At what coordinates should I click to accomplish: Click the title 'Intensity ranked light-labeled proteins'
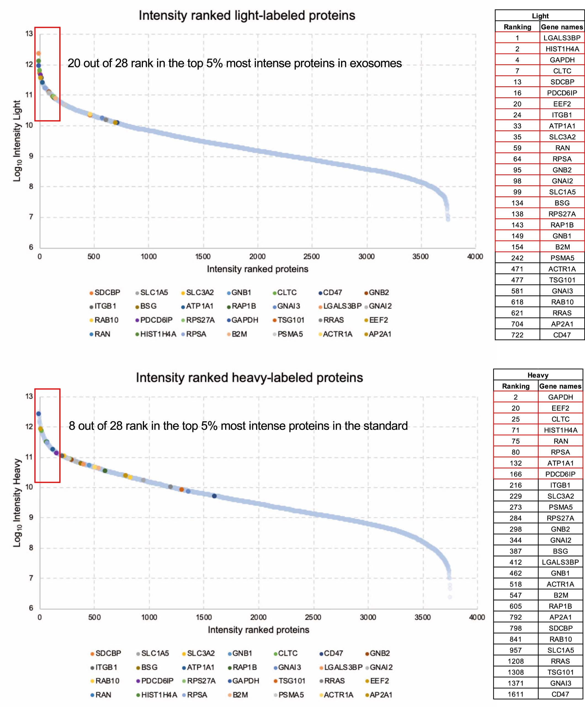[x=247, y=15]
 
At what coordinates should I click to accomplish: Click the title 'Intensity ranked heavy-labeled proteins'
[x=249, y=377]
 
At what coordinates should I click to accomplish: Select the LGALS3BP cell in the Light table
[x=562, y=38]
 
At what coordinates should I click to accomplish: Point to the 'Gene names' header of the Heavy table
[x=560, y=386]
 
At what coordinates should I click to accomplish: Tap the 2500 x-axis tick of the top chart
[x=311, y=257]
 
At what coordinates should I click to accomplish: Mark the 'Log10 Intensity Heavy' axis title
[x=17, y=502]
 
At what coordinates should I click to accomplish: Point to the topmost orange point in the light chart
[x=38, y=53]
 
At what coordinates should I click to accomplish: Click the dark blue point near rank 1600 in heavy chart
[x=214, y=496]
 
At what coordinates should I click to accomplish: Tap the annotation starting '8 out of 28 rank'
[x=238, y=426]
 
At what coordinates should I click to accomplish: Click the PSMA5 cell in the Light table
[x=562, y=258]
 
